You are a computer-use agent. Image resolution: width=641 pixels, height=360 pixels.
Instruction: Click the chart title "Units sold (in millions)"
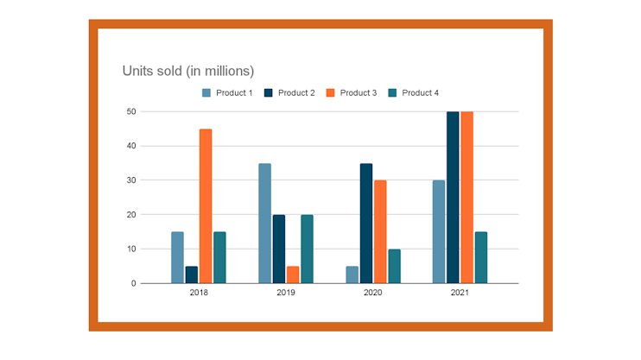pyautogui.click(x=188, y=70)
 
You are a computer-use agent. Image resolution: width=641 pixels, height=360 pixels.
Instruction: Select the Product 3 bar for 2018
pyautogui.click(x=206, y=205)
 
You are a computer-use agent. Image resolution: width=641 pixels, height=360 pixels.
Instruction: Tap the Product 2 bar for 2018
pyautogui.click(x=192, y=275)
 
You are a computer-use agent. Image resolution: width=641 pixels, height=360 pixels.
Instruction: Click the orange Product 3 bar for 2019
pyautogui.click(x=293, y=275)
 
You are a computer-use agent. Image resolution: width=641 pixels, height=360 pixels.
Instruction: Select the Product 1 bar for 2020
pyautogui.click(x=352, y=275)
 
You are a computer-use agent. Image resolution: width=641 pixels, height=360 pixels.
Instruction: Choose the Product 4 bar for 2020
pyautogui.click(x=394, y=266)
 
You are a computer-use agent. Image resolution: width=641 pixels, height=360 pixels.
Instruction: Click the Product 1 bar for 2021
pyautogui.click(x=439, y=231)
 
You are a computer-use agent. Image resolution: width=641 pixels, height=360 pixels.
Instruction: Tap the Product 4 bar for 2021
pyautogui.click(x=481, y=257)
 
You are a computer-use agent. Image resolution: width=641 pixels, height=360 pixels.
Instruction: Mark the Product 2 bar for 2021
pyautogui.click(x=453, y=197)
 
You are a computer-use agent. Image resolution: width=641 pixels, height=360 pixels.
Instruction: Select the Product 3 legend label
pyautogui.click(x=358, y=93)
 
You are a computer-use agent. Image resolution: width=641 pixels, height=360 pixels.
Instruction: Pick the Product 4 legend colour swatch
pyautogui.click(x=393, y=93)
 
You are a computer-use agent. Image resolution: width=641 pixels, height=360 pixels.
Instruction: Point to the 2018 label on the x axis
pyautogui.click(x=199, y=294)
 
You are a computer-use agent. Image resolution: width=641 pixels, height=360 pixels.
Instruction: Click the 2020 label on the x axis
pyautogui.click(x=372, y=294)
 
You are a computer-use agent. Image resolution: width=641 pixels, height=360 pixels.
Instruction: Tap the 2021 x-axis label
pyautogui.click(x=460, y=294)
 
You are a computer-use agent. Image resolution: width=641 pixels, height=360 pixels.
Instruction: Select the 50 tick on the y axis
pyautogui.click(x=130, y=111)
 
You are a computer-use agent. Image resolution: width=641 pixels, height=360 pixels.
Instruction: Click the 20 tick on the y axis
pyautogui.click(x=130, y=214)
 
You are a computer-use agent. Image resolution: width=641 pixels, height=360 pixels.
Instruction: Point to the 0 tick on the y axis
pyautogui.click(x=133, y=283)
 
